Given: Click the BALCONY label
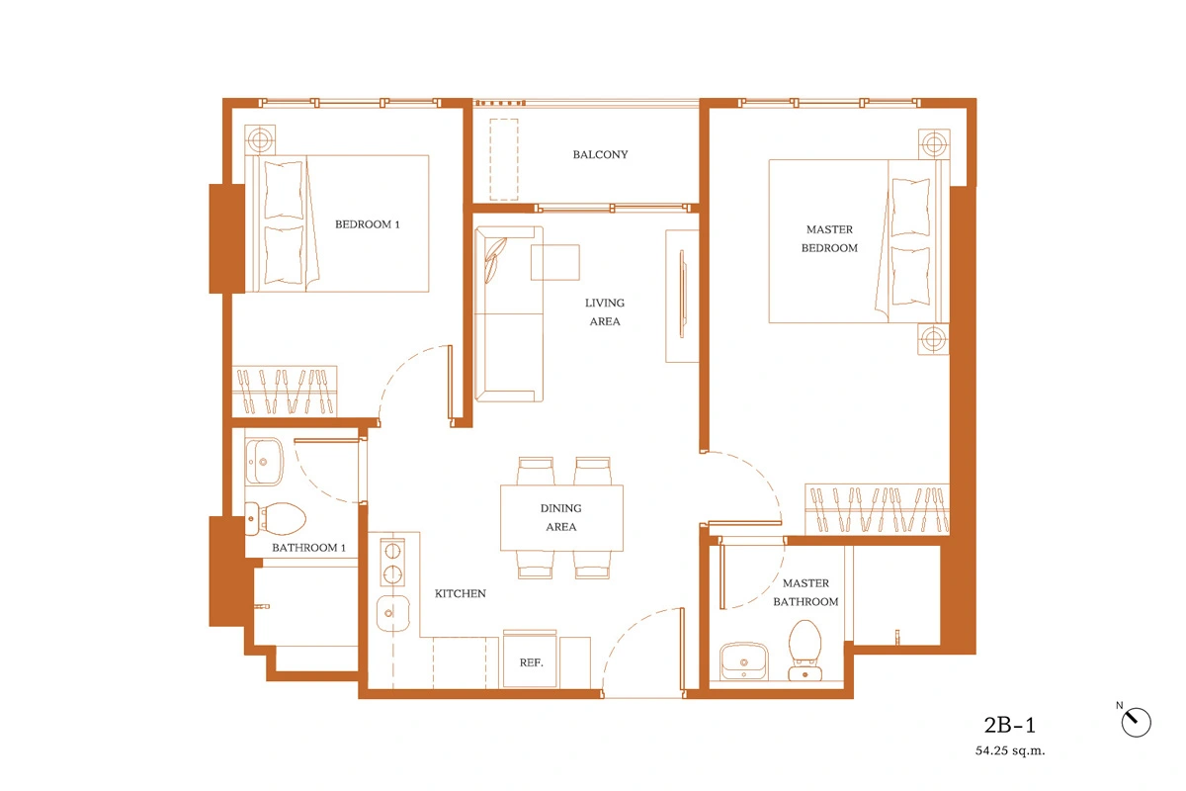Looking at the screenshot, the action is point(600,154).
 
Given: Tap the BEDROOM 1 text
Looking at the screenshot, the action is point(367,224).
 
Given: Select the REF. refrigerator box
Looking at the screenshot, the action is point(530,660).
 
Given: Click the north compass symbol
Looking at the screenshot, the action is point(1136,722).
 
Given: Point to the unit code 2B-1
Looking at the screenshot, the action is point(1009,725).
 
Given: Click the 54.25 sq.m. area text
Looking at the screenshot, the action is point(1010,750).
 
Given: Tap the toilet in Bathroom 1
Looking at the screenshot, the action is point(276,519).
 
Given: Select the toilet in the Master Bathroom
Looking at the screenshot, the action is point(805,650).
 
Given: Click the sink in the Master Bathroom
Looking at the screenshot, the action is point(744,661).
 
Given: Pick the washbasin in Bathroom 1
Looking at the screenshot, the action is point(264,462).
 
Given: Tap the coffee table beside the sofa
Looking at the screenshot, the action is point(555,262).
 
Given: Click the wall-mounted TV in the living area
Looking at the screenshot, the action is point(682,294).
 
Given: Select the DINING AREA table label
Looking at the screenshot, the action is point(561,518).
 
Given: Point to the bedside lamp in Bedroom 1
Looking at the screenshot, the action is point(260,140).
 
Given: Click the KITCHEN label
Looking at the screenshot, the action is point(461,593).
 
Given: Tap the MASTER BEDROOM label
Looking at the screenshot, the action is point(829,239).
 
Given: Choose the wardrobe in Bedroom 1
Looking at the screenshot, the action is point(285,391).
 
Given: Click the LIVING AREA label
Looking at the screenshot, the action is point(605,312).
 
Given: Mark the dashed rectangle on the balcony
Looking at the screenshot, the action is point(504,159).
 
